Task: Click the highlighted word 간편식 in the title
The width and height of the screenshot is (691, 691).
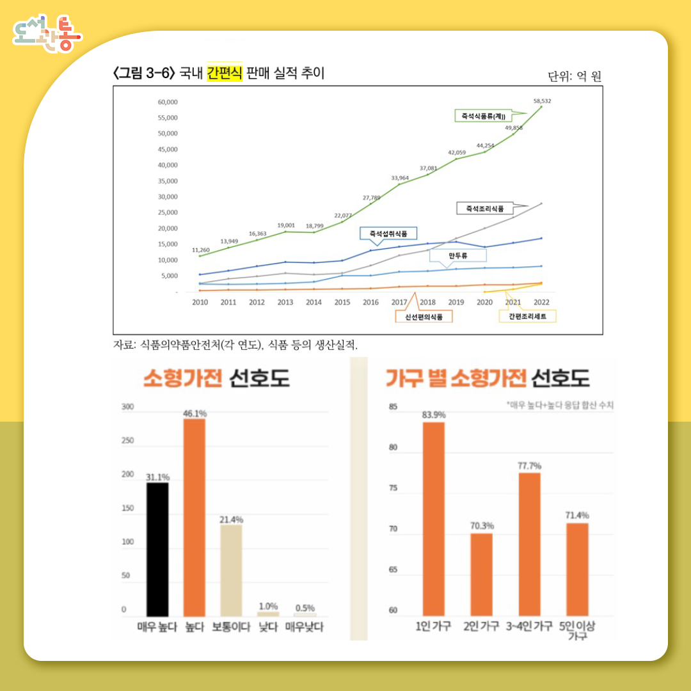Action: click(x=224, y=74)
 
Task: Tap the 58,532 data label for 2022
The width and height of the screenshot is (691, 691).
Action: click(x=543, y=101)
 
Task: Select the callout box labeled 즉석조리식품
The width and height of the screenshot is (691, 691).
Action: click(x=484, y=209)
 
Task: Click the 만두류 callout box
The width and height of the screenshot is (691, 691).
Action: click(x=458, y=256)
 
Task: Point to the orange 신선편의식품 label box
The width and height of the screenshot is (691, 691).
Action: click(x=424, y=316)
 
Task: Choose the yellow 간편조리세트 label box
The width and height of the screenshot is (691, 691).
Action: click(x=527, y=316)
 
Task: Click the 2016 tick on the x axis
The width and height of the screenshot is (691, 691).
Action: click(x=370, y=302)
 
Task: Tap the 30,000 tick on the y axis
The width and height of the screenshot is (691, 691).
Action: click(x=168, y=196)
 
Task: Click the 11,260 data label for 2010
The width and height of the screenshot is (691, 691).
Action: click(x=201, y=250)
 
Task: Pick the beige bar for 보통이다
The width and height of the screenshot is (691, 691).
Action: click(x=231, y=570)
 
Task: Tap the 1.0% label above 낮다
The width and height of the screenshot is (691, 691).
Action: click(x=268, y=606)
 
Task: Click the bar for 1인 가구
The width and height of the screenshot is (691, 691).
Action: click(x=434, y=518)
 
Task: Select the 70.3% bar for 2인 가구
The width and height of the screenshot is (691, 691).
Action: click(x=481, y=574)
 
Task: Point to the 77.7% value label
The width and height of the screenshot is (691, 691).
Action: click(x=529, y=465)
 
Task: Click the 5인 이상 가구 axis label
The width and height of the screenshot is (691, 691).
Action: click(x=577, y=630)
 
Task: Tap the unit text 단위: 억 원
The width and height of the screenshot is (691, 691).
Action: click(x=575, y=77)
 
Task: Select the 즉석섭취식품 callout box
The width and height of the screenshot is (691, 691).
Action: click(x=388, y=234)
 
